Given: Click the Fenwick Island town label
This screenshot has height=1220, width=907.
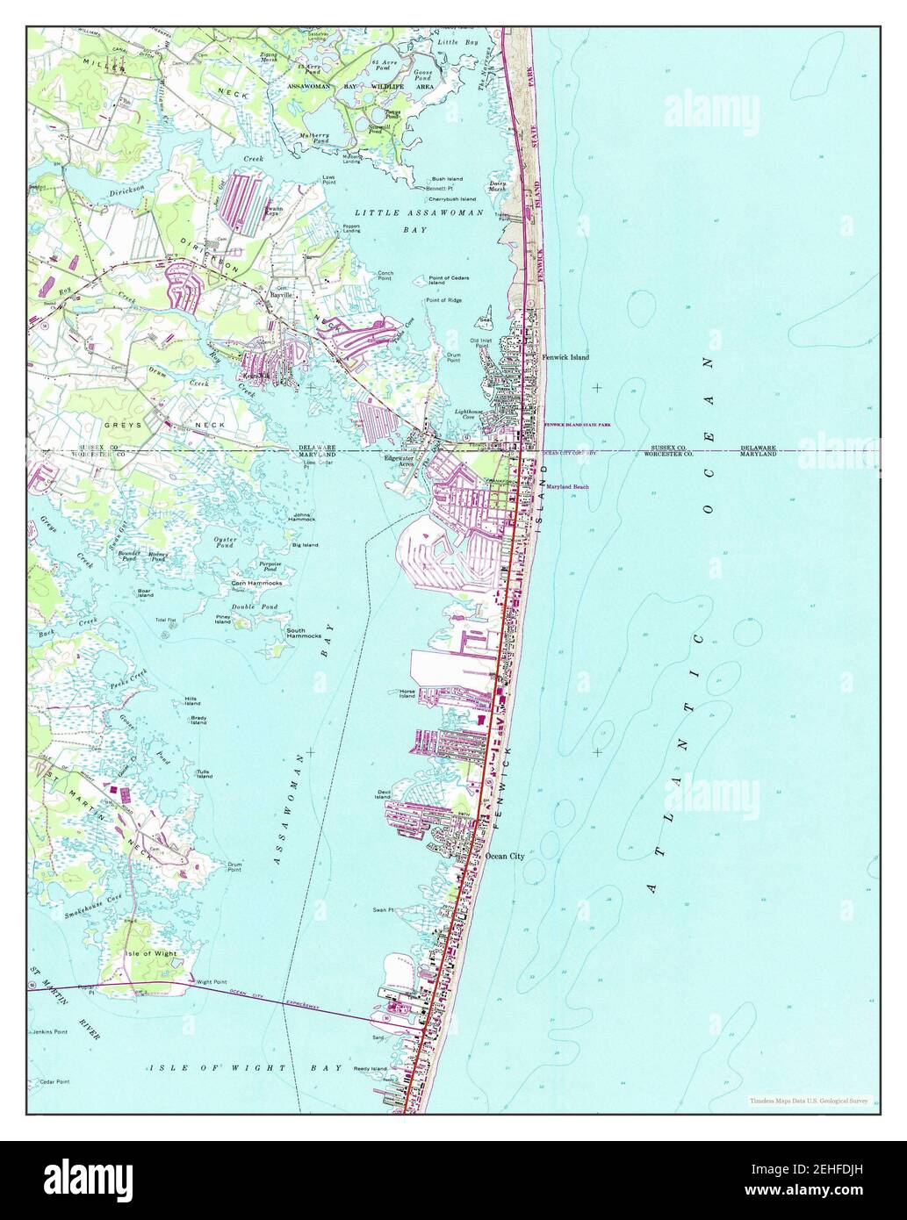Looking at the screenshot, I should (565, 357).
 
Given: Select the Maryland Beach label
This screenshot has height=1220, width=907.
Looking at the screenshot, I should (567, 486).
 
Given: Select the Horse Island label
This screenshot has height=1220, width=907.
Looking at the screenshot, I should (407, 693).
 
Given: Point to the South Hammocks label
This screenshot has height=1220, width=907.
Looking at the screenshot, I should (302, 633).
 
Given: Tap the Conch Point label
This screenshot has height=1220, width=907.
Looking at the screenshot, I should (385, 276).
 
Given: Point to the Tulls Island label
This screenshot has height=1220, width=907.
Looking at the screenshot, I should (204, 774).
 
